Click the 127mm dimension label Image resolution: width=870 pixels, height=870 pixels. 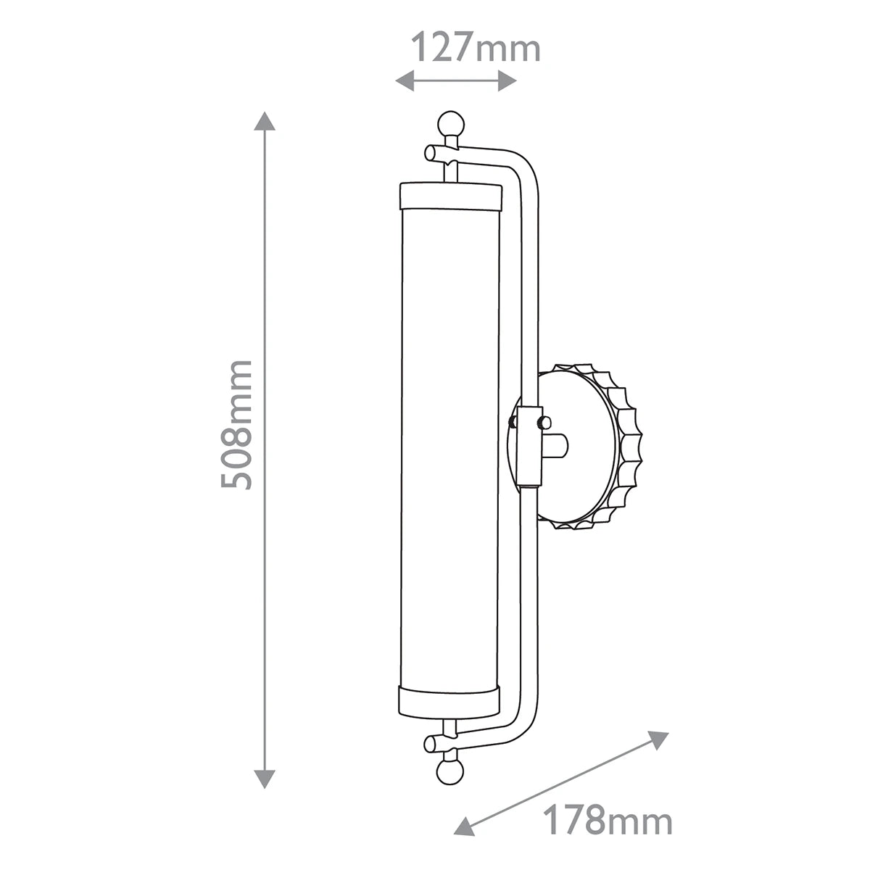(x=476, y=47)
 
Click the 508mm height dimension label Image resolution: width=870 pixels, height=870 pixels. (x=236, y=425)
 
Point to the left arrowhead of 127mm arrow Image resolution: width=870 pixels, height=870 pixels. (x=405, y=81)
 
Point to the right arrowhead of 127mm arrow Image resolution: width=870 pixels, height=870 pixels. (x=507, y=81)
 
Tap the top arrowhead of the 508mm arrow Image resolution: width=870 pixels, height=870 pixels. (x=265, y=120)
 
